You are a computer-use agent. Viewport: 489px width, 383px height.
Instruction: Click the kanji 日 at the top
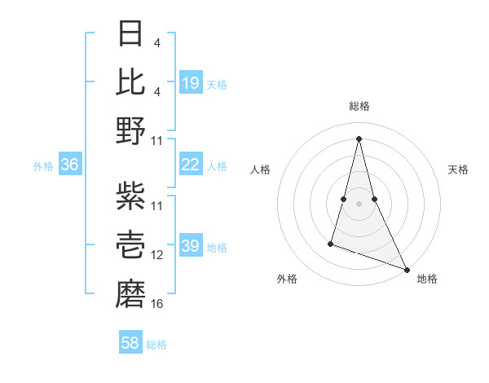tap(131, 35)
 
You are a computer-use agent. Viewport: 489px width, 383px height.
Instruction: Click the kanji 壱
tap(131, 244)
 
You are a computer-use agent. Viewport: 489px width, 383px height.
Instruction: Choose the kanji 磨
tap(131, 291)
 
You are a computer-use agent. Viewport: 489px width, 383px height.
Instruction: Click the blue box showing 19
tap(191, 82)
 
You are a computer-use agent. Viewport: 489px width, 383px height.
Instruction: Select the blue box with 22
tap(191, 165)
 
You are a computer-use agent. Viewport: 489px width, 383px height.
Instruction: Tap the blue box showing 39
tap(191, 247)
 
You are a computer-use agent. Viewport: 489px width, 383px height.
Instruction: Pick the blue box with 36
tap(70, 165)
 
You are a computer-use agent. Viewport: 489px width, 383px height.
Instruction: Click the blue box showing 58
tap(130, 343)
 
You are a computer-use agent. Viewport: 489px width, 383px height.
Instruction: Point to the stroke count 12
tap(157, 255)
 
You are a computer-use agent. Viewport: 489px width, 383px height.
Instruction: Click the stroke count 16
tap(157, 304)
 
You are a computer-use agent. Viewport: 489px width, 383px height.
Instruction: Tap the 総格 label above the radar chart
tap(359, 106)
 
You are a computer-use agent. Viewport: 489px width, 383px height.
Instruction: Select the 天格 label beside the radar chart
tap(459, 169)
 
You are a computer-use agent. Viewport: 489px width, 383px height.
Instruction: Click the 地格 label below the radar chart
tap(427, 279)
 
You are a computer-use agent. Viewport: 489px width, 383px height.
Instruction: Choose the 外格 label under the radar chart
tap(287, 279)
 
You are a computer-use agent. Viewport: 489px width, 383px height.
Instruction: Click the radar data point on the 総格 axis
tap(359, 137)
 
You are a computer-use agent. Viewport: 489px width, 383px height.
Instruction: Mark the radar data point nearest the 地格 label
tap(407, 269)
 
